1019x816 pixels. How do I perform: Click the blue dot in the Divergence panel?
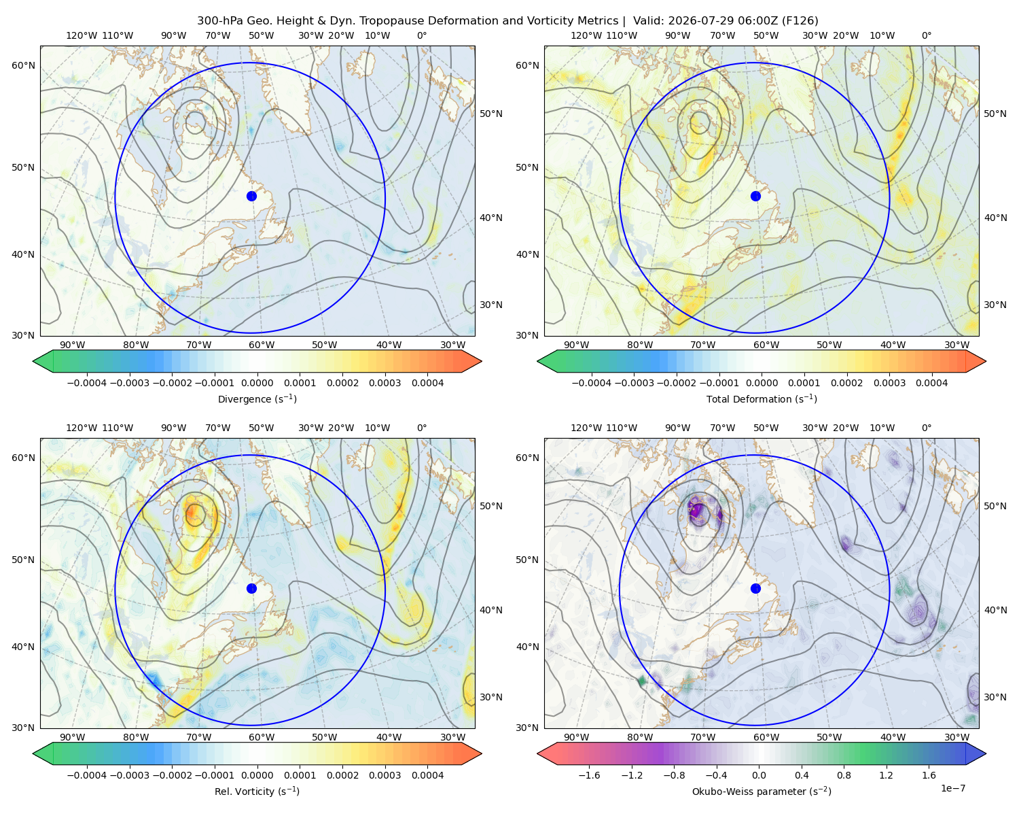click(251, 197)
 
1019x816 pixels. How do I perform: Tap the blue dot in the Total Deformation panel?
click(755, 197)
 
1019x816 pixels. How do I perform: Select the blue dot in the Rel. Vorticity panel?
click(251, 588)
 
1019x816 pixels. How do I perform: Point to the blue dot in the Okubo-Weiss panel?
click(755, 588)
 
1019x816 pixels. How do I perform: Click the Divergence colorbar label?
click(257, 399)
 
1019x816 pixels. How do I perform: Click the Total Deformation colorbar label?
click(762, 399)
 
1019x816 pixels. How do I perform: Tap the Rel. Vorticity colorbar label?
click(257, 792)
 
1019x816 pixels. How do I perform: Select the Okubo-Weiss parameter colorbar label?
click(762, 792)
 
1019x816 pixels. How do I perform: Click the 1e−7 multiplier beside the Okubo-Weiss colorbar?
click(952, 788)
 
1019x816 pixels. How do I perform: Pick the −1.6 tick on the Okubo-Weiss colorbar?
click(589, 775)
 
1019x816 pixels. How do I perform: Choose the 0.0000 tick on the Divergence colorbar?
click(257, 383)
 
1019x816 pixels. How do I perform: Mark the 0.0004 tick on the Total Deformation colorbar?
click(932, 383)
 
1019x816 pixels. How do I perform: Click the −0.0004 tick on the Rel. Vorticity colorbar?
click(87, 775)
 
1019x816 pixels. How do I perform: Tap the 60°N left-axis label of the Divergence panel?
click(24, 65)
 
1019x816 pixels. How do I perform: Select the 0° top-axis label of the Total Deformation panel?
click(927, 35)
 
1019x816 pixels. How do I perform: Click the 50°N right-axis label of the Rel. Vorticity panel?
click(491, 506)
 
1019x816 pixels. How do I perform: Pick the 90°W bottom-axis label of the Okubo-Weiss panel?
click(576, 737)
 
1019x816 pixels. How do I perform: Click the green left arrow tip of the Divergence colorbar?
click(33, 361)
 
